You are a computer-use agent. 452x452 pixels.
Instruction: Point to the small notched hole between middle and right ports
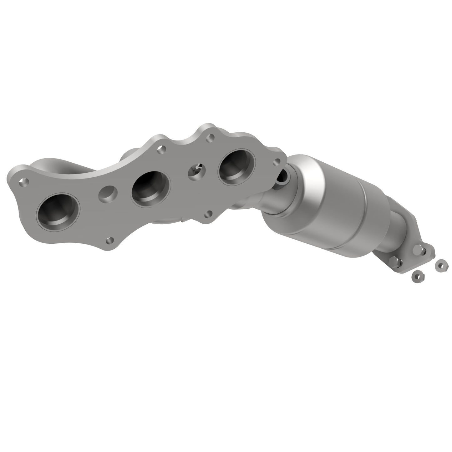point(196,170)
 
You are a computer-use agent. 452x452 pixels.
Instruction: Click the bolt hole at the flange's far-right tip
point(277,162)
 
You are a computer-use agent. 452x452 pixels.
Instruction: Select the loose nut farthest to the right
point(441,266)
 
